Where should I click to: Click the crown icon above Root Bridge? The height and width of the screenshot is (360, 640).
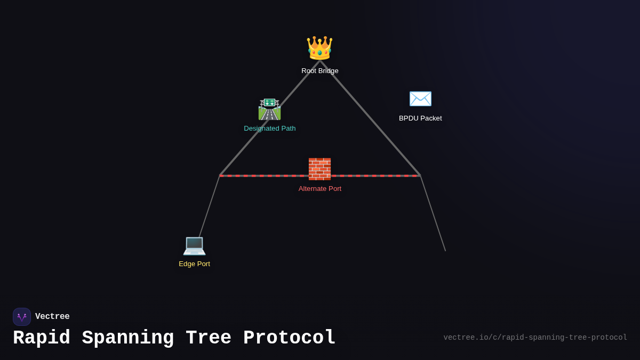(x=319, y=48)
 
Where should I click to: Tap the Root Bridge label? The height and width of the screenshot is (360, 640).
(x=320, y=71)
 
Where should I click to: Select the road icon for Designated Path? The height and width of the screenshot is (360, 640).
(x=269, y=109)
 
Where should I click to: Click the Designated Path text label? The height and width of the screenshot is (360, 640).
(x=270, y=129)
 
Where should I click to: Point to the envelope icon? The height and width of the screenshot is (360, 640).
(x=420, y=99)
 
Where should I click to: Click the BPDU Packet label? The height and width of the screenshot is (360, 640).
(x=420, y=118)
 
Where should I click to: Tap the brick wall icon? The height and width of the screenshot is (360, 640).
(x=319, y=169)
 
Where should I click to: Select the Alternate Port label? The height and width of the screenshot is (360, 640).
(x=320, y=189)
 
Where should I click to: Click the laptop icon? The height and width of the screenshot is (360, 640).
(x=194, y=245)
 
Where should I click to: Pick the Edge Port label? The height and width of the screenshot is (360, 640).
(x=194, y=264)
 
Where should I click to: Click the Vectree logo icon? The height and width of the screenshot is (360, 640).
(x=22, y=317)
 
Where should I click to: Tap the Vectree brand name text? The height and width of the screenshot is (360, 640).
(x=52, y=317)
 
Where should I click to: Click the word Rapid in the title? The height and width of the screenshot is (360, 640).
(x=42, y=338)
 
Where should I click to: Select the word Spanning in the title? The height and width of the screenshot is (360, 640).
(x=127, y=338)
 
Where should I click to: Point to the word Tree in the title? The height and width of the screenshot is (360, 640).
(x=209, y=338)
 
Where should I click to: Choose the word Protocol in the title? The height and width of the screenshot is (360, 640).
(x=290, y=338)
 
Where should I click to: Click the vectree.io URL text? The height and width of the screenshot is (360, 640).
(x=535, y=338)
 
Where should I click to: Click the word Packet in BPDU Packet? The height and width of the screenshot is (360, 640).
(x=430, y=118)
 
